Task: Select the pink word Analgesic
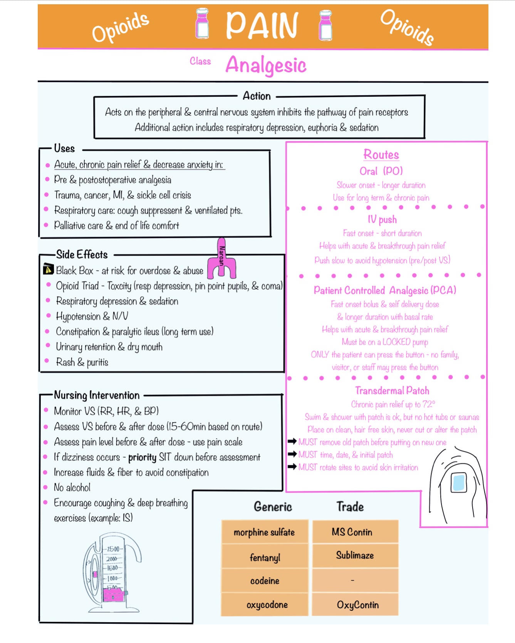[266, 65]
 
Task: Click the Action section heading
[257, 96]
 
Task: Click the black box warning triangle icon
[48, 269]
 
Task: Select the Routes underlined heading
[381, 155]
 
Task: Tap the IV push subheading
[382, 219]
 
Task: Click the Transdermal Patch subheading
[392, 391]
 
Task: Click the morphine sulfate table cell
[264, 532]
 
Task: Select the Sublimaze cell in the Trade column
[355, 555]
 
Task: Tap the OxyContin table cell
[357, 605]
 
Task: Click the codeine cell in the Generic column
[265, 581]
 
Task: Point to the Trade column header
[350, 507]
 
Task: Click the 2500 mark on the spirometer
[113, 549]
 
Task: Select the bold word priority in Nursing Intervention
[142, 458]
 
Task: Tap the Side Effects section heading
[82, 254]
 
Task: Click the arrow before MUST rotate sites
[292, 467]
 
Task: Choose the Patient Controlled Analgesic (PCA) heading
[384, 290]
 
